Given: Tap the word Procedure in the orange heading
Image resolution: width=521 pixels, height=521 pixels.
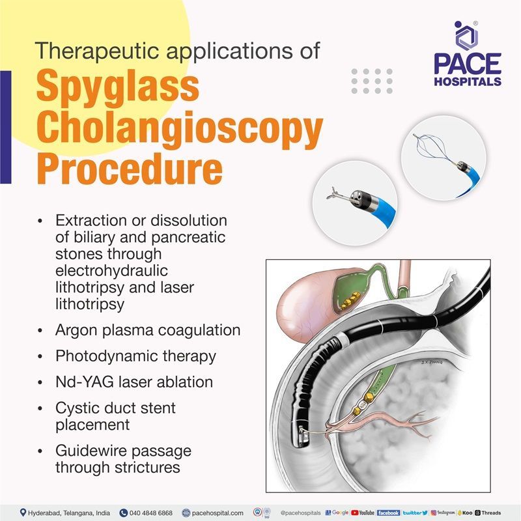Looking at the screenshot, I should (129, 168).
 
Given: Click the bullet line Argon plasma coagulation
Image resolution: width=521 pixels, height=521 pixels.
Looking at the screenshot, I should (148, 330).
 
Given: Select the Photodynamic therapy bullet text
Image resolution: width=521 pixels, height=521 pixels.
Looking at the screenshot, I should (135, 357).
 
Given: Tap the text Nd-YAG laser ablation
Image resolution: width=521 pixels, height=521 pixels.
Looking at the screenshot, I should (134, 382).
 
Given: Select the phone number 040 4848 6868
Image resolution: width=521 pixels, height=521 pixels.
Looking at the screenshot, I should (149, 513).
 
